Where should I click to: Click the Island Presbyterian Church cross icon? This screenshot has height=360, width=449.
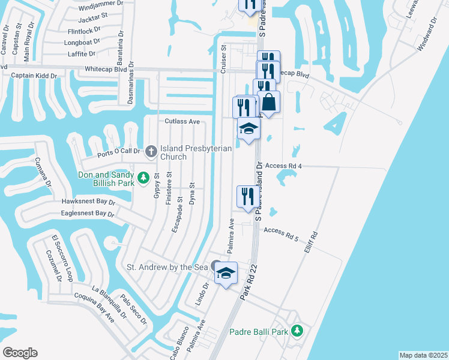pos(151,151)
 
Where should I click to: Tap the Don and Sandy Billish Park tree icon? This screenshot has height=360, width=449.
pos(143,178)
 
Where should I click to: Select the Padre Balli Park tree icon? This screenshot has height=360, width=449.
pos(296,331)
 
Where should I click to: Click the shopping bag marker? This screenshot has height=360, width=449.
pos(269,102)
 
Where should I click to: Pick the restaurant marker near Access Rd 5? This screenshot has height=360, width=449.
pos(246,196)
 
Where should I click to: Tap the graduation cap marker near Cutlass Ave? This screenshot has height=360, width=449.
pos(249,128)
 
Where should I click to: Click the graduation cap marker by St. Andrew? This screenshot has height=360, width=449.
pos(226,273)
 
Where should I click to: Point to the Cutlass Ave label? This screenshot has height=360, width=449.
pos(182,121)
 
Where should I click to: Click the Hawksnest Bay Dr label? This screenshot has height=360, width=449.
pos(87,202)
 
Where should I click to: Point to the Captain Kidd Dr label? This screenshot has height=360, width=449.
pos(34,76)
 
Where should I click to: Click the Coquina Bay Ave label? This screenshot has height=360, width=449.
pos(94,307)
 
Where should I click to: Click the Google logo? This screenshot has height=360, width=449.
pos(20,353)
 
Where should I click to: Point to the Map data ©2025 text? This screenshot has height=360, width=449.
pos(423,355)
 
